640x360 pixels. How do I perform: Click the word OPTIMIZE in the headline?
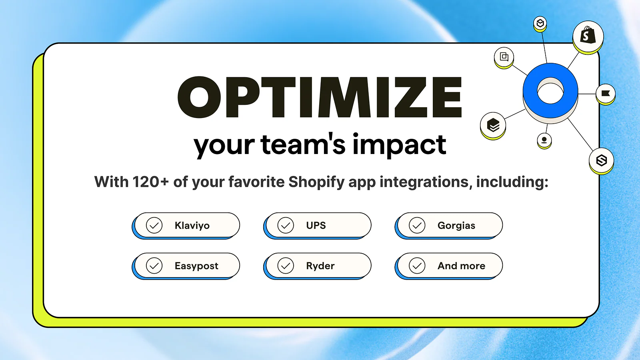(x=320, y=97)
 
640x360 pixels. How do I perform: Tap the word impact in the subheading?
(x=399, y=145)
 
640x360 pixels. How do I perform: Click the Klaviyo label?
(x=192, y=226)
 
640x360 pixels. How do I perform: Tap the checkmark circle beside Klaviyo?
(x=154, y=225)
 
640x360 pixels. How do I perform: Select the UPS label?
(x=316, y=226)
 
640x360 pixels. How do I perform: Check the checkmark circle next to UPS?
(x=286, y=225)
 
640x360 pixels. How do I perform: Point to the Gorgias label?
(x=456, y=226)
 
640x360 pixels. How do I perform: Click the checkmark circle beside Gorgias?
(x=417, y=225)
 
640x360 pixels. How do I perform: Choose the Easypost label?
(x=196, y=266)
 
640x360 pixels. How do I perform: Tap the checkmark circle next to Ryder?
(x=286, y=266)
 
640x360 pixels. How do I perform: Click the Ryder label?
(x=320, y=266)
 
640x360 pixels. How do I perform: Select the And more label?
(x=461, y=266)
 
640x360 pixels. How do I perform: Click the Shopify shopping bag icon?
(x=588, y=36)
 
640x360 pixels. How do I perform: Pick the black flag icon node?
(x=606, y=94)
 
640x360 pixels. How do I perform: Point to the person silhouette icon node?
(x=544, y=140)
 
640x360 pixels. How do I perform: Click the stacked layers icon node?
(x=493, y=125)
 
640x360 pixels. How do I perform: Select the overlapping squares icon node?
(x=504, y=57)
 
